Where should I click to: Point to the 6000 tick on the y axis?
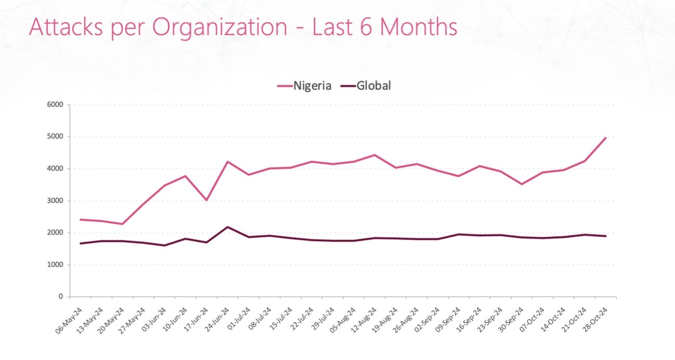click(55, 105)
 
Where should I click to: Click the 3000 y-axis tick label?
click(55, 201)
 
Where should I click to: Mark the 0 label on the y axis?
click(60, 297)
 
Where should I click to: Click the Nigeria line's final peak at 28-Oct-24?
click(606, 137)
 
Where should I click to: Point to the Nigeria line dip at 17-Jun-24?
click(206, 200)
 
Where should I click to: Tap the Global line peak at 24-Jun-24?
click(228, 227)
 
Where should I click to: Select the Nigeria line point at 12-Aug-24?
click(375, 155)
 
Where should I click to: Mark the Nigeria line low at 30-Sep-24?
click(522, 184)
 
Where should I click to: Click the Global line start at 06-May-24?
click(81, 243)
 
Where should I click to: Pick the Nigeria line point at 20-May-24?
click(122, 224)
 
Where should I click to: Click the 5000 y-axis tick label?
click(55, 137)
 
